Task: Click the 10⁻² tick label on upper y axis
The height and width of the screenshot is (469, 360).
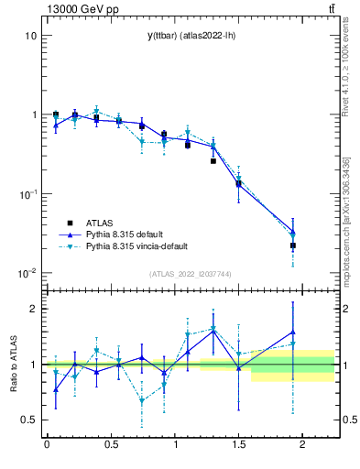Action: (27, 273)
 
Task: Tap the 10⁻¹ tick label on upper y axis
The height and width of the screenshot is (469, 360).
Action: (27, 194)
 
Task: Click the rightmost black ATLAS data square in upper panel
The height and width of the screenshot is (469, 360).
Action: (293, 245)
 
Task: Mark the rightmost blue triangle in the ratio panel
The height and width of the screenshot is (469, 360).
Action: (293, 333)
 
